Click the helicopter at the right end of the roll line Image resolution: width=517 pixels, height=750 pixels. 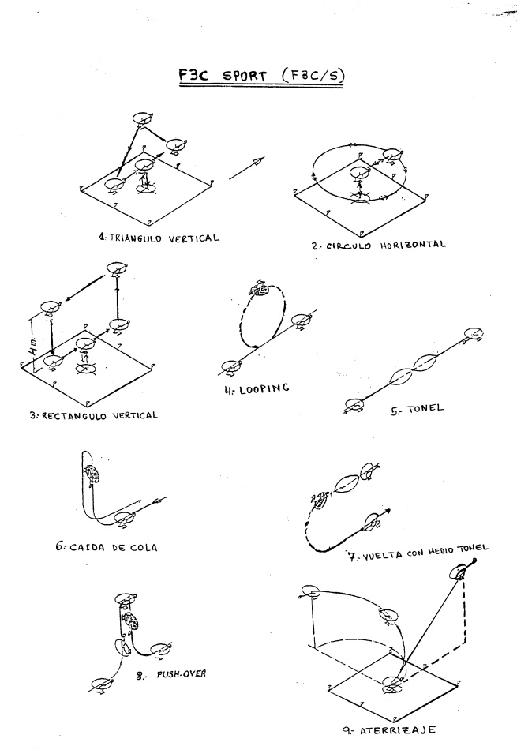coord(473,335)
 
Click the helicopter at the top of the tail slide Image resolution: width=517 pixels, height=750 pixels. coord(91,473)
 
